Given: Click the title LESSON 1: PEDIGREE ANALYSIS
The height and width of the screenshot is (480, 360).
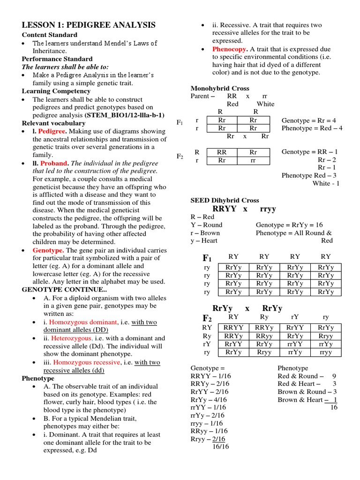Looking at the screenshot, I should point(89,25).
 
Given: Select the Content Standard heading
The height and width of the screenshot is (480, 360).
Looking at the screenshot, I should point(50,35).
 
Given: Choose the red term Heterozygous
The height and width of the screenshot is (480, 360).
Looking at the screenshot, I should point(72,338).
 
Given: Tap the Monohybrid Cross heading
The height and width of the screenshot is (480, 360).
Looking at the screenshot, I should point(220,88).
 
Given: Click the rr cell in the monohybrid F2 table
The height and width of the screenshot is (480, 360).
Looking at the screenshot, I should point(253,160).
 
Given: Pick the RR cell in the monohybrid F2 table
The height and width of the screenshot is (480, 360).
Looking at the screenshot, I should point(222,152).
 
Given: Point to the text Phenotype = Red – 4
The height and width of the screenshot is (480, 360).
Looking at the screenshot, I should point(312,128).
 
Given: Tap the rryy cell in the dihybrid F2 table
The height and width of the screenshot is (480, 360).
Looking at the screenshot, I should point(325,352).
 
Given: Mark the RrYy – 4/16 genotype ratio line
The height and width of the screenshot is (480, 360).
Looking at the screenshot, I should point(209,399).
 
